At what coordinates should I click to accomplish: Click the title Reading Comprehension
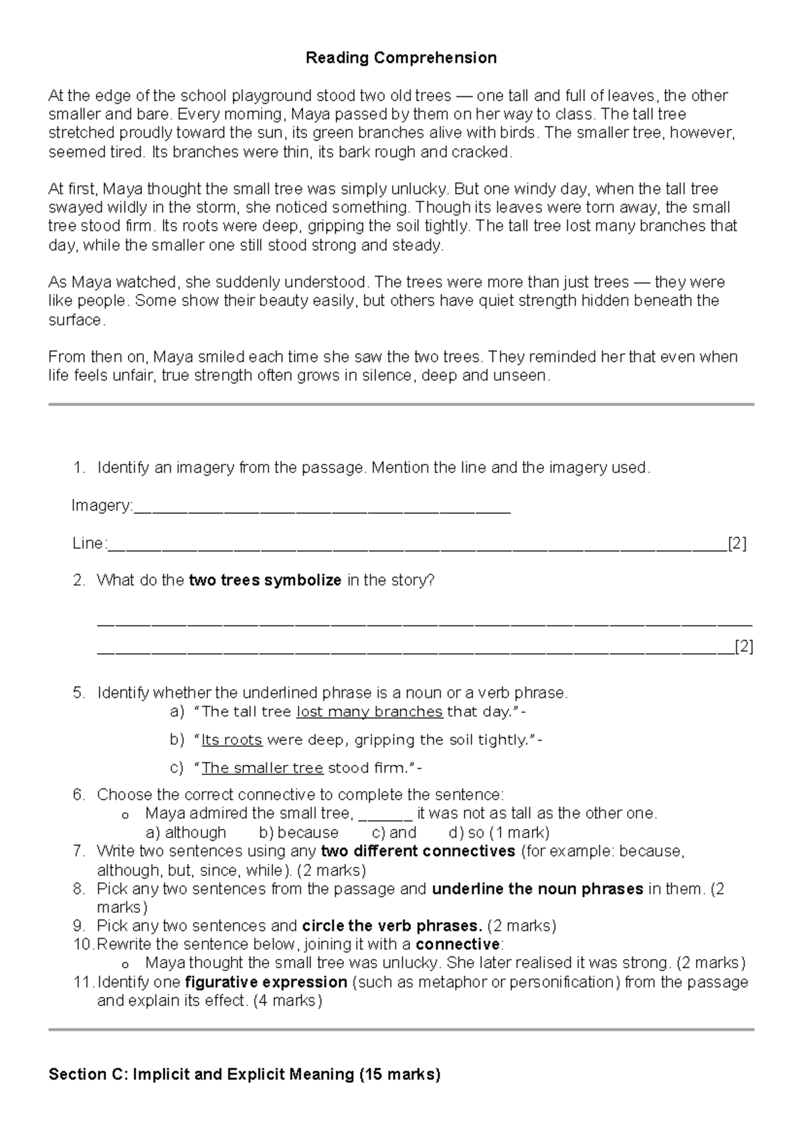point(401,58)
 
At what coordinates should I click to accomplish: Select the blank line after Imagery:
point(322,507)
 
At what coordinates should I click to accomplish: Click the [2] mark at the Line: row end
point(737,543)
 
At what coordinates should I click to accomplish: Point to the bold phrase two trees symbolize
point(266,580)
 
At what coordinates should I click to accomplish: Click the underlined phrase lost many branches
point(369,712)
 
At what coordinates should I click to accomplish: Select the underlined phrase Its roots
point(232,740)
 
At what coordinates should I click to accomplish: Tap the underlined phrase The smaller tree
point(262,768)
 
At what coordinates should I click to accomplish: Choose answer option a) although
point(186,833)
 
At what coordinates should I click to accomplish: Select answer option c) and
point(394,833)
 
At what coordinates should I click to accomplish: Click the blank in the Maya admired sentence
point(385,814)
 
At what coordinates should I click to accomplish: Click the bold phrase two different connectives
point(418,851)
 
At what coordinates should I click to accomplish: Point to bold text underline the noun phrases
point(538,889)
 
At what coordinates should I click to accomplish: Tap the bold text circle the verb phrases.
point(392,926)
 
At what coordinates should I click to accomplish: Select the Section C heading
point(244,1075)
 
